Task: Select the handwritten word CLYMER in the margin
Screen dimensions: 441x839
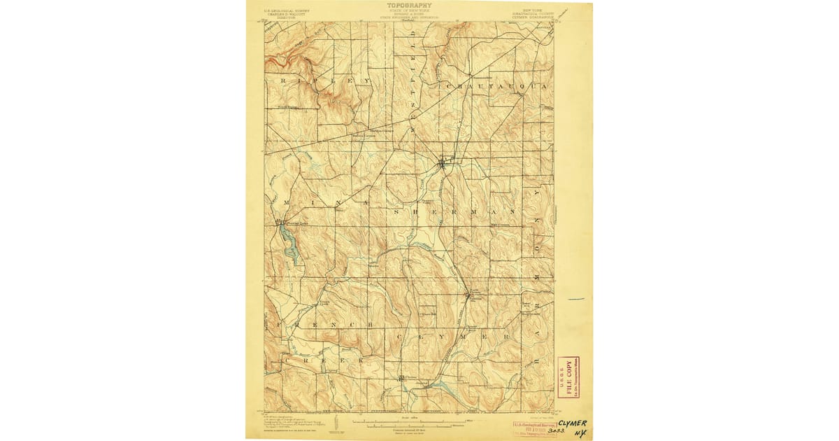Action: pos(573,424)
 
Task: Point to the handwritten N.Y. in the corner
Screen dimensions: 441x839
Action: pos(580,434)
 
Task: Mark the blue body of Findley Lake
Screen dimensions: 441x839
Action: pos(289,244)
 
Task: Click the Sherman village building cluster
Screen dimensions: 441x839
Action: pos(442,165)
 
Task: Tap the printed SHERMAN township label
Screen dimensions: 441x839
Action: pos(454,210)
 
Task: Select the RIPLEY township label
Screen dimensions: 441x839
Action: pos(323,81)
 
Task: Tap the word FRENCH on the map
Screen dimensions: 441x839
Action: pos(322,325)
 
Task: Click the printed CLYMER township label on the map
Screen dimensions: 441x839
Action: pos(454,337)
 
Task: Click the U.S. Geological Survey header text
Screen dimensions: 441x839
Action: pos(287,12)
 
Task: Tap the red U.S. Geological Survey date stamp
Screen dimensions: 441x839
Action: pos(535,428)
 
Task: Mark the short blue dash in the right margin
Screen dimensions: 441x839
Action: pos(575,299)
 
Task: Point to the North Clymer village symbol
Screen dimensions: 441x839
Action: pos(468,296)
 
